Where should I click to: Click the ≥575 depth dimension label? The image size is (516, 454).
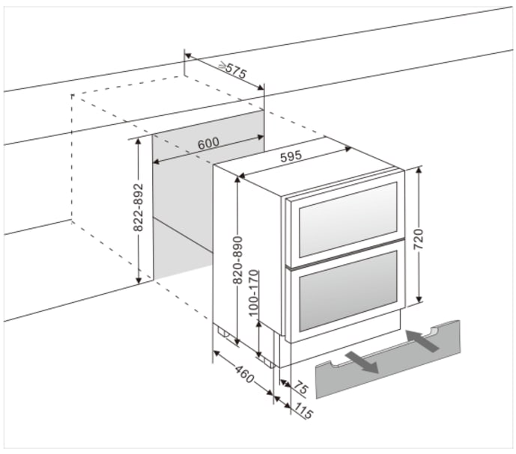pos(232,71)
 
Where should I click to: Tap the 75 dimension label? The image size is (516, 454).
pos(300,389)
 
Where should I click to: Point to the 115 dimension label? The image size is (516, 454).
pos(303,411)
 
